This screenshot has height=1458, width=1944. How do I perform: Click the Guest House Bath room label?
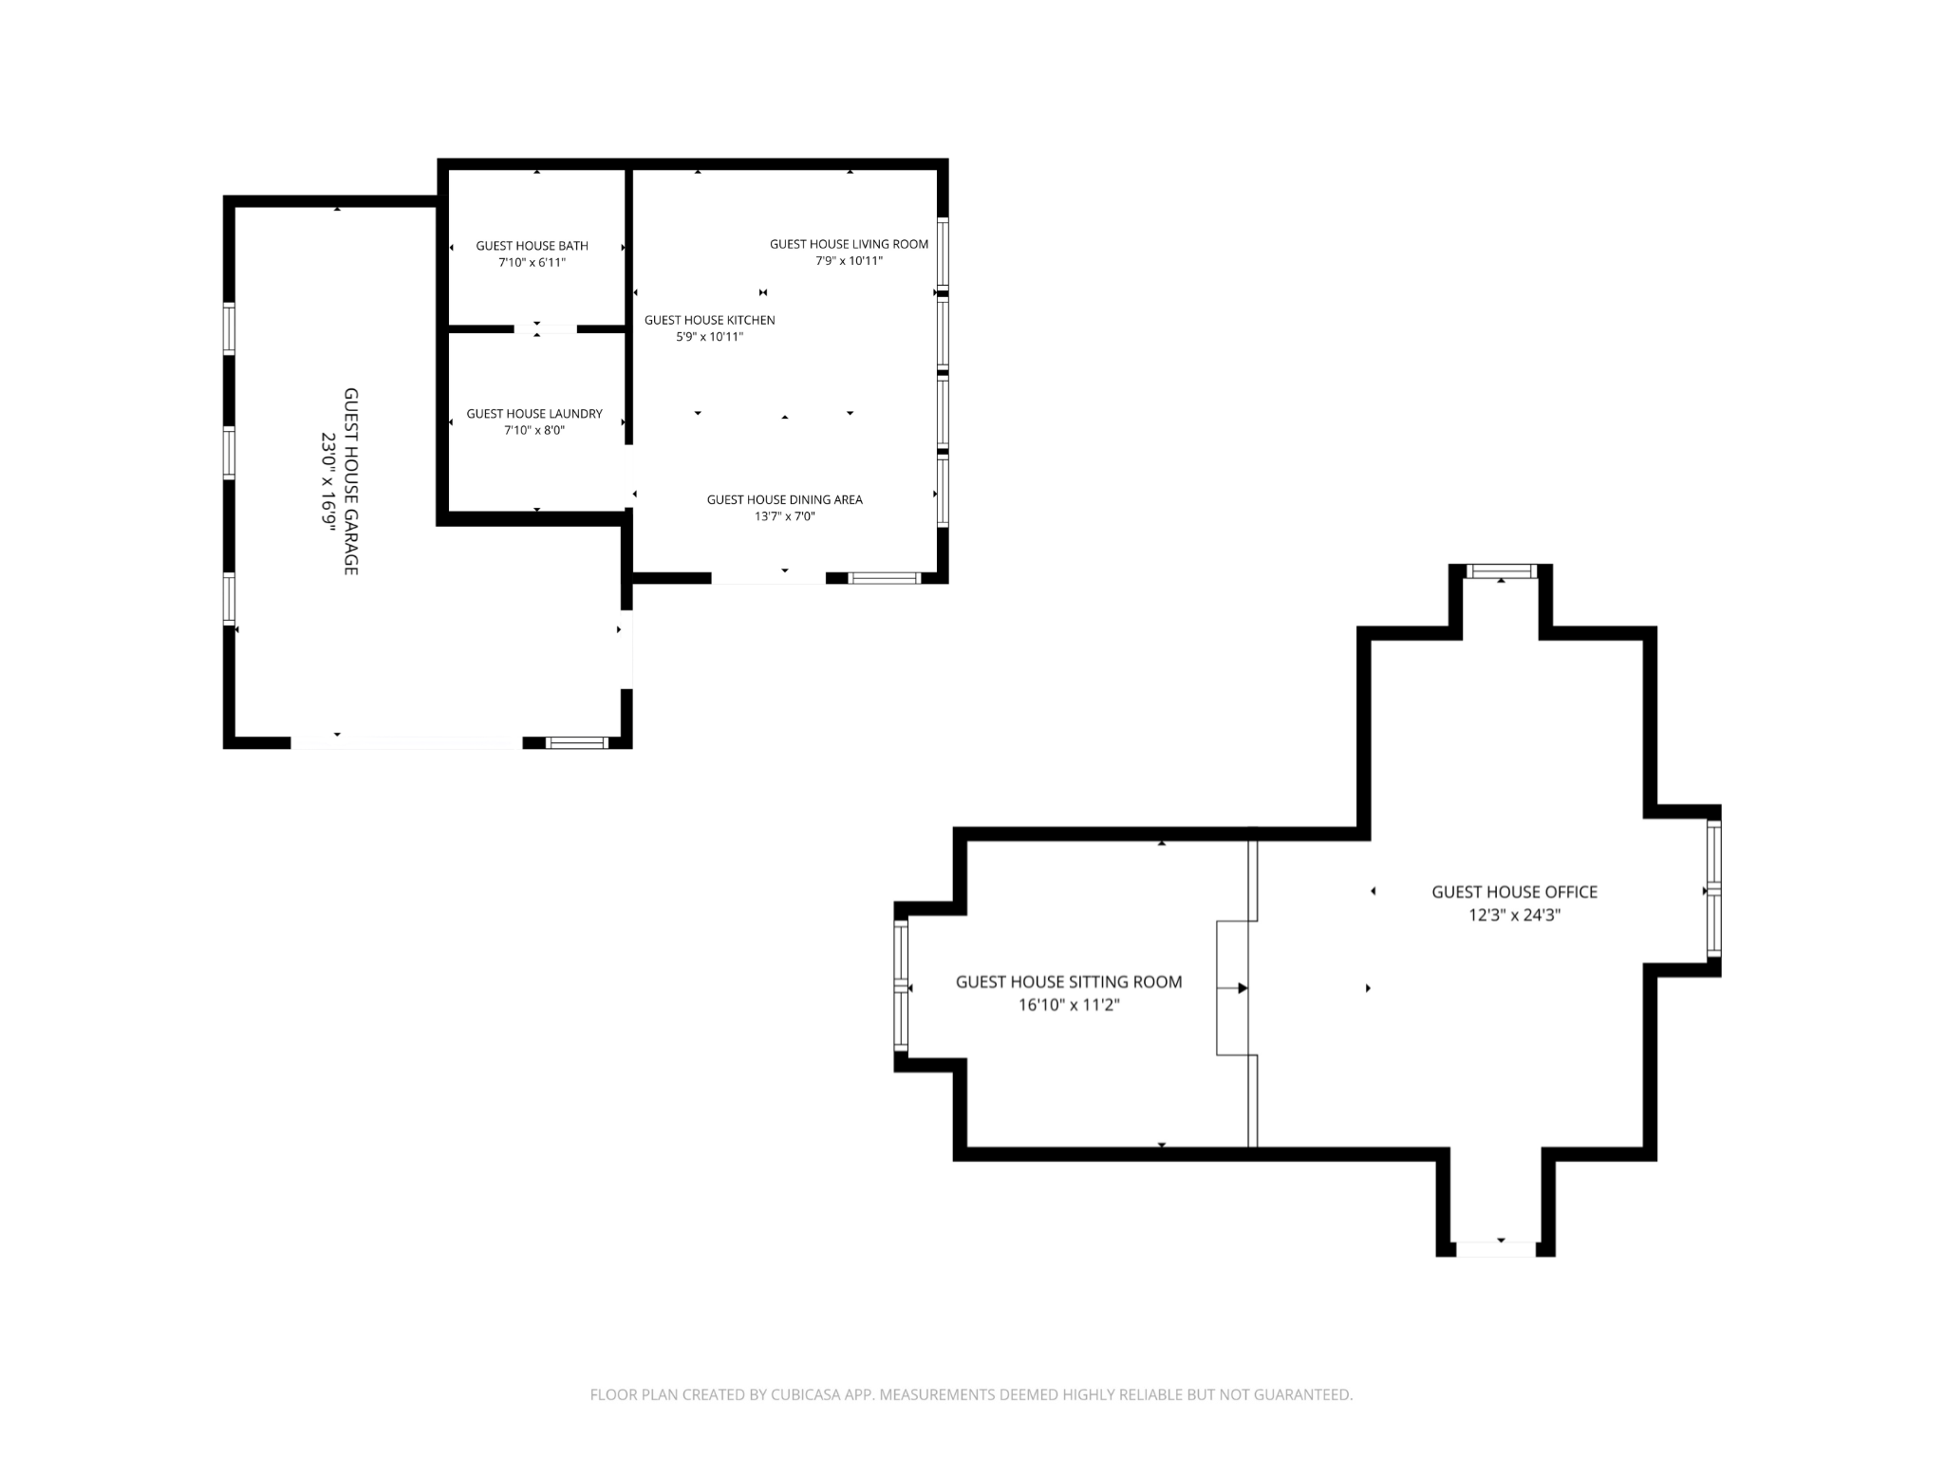[x=532, y=246]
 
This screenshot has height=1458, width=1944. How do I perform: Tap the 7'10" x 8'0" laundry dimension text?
[x=533, y=430]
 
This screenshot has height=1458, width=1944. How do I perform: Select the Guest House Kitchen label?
[x=709, y=320]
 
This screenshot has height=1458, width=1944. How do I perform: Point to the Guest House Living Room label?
[x=849, y=244]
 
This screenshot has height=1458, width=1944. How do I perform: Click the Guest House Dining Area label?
[x=784, y=499]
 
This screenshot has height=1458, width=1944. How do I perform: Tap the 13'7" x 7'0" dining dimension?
[x=784, y=516]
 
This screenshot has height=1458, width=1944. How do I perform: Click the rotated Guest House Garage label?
[x=350, y=480]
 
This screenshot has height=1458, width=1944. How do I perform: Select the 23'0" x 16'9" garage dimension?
[x=328, y=480]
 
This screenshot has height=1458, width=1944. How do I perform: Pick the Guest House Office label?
[x=1514, y=891]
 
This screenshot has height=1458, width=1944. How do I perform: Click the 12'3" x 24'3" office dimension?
[x=1514, y=915]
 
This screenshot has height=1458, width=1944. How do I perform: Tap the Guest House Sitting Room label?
[x=1068, y=981]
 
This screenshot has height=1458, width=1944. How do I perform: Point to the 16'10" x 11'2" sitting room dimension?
[x=1068, y=1004]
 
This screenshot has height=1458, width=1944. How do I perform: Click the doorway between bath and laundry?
[x=545, y=329]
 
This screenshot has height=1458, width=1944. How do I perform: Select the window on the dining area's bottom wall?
[x=884, y=578]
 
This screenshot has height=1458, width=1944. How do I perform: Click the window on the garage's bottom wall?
[x=578, y=742]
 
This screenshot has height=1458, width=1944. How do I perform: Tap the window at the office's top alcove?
[x=1501, y=570]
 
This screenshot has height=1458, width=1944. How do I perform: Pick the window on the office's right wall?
[x=1713, y=888]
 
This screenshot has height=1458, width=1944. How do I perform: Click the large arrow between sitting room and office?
[x=1242, y=988]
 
